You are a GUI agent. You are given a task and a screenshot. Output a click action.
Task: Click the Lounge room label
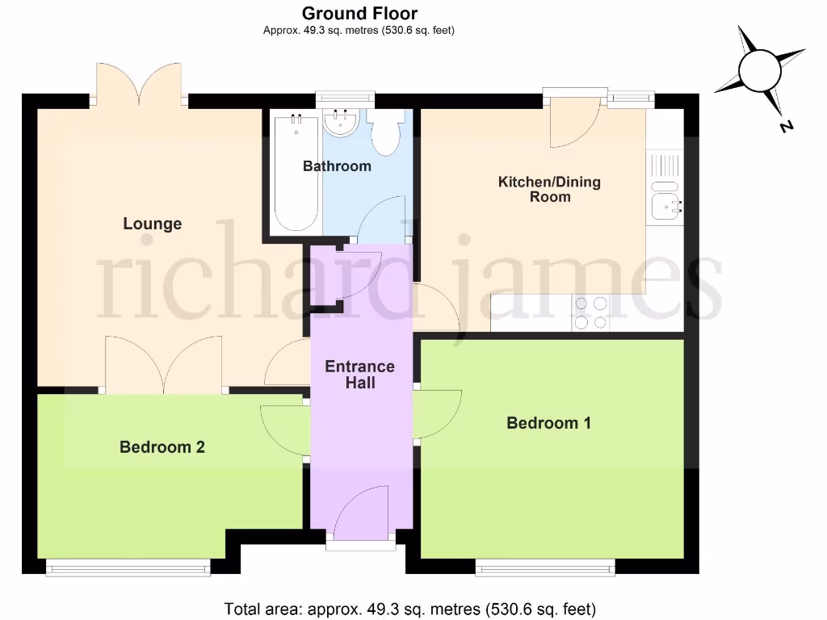pos(152,224)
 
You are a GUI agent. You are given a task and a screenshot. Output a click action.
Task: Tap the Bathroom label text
pos(337,166)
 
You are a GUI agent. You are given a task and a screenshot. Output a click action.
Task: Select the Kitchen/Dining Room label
pos(549,189)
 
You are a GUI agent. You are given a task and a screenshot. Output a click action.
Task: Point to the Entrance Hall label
pos(359,374)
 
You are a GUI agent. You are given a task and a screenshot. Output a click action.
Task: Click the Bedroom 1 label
pos(548,423)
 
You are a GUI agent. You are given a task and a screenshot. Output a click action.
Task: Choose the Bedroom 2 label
pos(162,446)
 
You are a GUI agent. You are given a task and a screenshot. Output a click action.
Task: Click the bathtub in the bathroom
pos(296,174)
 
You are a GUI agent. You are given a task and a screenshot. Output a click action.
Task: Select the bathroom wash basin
pos(341,124)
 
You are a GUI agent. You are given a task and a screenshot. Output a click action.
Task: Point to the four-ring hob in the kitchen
pos(590,313)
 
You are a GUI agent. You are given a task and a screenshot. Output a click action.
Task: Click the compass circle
pos(760,70)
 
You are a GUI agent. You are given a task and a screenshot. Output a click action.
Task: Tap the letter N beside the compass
pos(785,126)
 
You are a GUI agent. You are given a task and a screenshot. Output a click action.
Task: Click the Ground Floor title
pos(359,13)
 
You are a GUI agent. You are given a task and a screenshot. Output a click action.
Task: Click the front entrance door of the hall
pos(360,517)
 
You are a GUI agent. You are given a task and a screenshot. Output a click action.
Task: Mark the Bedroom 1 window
pos(545,568)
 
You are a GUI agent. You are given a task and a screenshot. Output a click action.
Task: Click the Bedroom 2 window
pos(128,568)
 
